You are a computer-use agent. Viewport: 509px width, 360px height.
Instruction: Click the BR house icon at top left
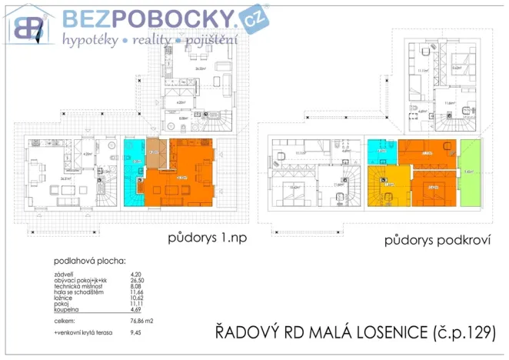tap(28, 28)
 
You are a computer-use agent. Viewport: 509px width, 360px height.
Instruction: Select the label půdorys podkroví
tap(437, 241)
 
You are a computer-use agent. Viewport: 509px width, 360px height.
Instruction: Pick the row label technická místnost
tap(78, 288)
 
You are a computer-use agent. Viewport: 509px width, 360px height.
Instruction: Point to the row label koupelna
tap(67, 312)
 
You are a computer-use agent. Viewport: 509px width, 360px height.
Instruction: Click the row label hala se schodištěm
tap(80, 294)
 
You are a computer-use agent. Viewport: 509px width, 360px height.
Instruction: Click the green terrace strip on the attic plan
tap(468, 172)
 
